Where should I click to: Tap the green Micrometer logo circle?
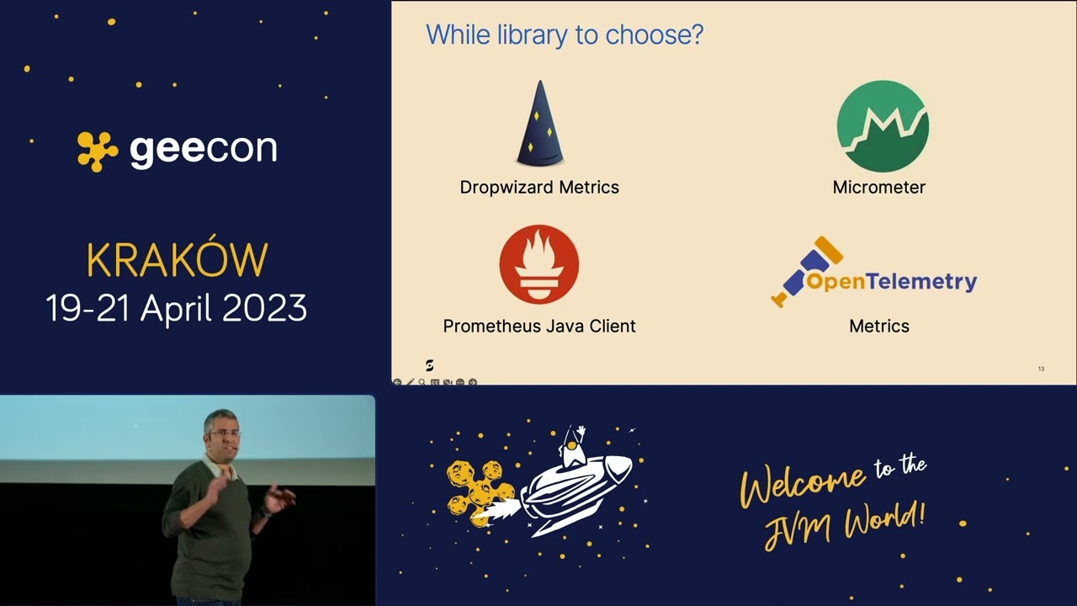(x=883, y=126)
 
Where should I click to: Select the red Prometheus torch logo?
(x=538, y=264)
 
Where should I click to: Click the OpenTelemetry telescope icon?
(x=806, y=271)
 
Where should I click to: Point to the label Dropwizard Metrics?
(x=539, y=187)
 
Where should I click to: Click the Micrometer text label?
(x=878, y=187)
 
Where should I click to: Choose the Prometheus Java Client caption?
(x=539, y=326)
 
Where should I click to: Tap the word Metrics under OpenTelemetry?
(x=878, y=326)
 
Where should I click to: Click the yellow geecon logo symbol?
(x=98, y=151)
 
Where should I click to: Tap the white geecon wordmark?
(x=203, y=150)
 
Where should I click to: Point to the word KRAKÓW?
(x=177, y=261)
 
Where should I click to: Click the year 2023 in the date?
(x=264, y=309)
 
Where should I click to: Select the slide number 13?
(x=1041, y=369)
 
